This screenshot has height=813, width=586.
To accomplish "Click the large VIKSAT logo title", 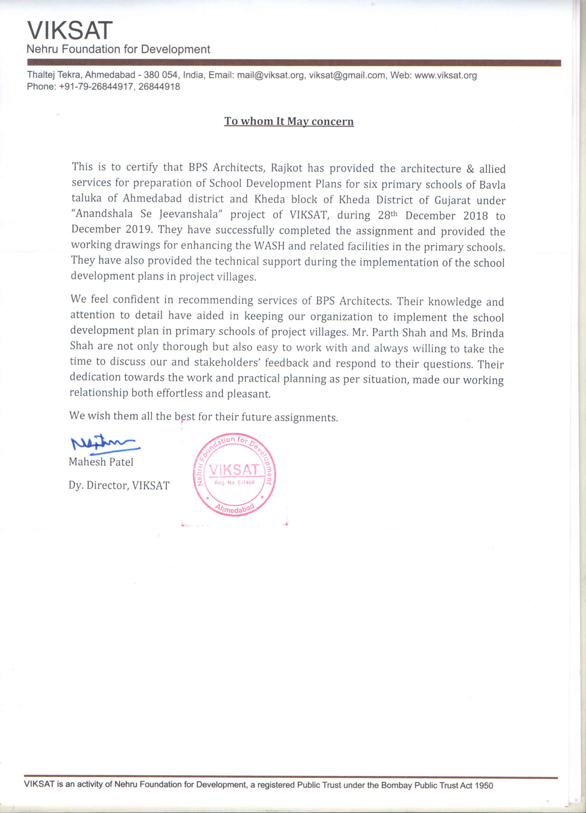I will (70, 30).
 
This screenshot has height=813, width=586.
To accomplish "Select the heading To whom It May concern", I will (289, 121).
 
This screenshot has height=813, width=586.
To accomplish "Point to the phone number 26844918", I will (159, 86).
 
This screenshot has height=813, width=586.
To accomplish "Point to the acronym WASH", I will (269, 246).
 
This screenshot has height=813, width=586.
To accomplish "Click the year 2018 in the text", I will (476, 216).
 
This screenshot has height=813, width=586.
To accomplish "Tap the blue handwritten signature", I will (104, 445).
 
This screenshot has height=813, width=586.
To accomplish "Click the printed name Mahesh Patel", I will (101, 462).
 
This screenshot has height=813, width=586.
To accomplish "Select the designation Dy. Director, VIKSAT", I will (119, 485).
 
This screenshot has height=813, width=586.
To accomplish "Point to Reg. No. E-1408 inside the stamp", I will (234, 482).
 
